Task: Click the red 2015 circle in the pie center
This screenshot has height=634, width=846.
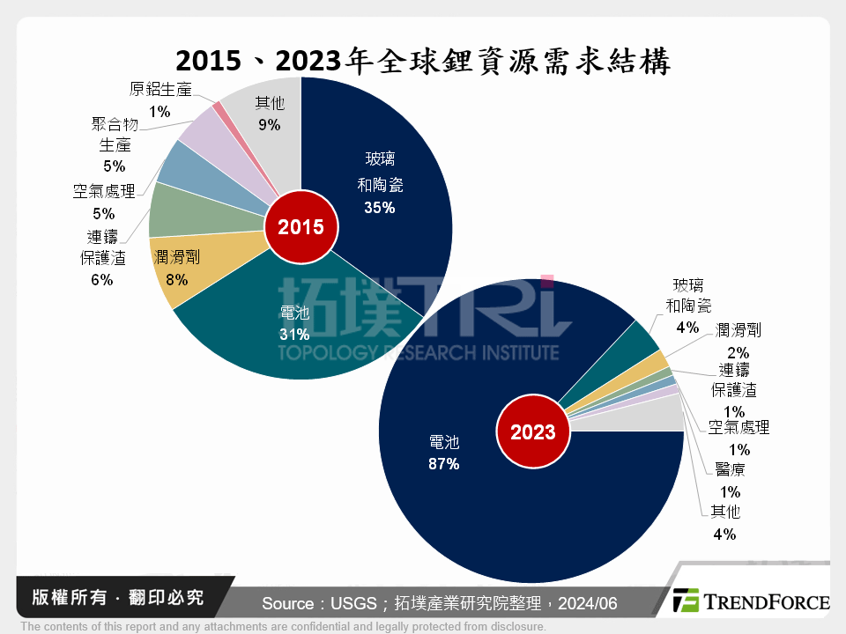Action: (301, 227)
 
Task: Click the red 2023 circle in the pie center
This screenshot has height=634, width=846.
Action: (531, 431)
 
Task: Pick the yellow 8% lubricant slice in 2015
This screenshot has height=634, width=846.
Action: (181, 264)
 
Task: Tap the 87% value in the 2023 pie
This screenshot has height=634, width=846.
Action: (443, 463)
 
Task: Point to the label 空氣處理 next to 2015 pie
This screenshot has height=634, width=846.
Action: (103, 191)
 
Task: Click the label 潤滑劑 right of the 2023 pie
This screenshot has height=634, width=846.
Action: (738, 330)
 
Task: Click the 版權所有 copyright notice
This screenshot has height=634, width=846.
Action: (111, 598)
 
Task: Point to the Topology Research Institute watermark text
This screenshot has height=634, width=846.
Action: (419, 352)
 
